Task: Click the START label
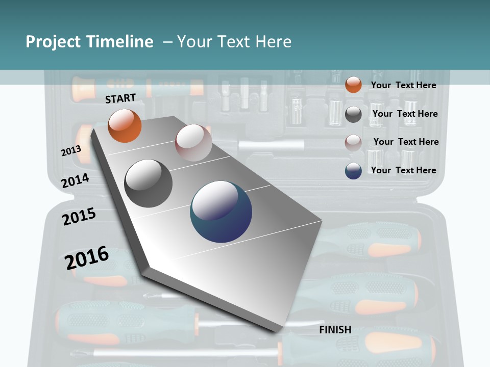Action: (120, 98)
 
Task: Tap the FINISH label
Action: (335, 330)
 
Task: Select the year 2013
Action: (71, 151)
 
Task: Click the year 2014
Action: (76, 180)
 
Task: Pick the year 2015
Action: (79, 217)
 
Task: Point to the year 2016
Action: (87, 258)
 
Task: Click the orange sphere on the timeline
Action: (125, 126)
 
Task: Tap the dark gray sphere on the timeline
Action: (149, 183)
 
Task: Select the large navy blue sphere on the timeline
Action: (221, 212)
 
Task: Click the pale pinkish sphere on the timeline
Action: (193, 143)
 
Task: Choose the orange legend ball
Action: (353, 85)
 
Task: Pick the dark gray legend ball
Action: (353, 114)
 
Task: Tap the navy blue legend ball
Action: (353, 171)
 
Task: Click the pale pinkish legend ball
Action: (353, 142)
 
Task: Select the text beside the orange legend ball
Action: (403, 85)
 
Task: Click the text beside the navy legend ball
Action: (403, 170)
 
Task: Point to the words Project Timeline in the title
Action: (89, 42)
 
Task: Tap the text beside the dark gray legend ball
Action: (405, 114)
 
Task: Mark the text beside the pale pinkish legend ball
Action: (406, 142)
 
